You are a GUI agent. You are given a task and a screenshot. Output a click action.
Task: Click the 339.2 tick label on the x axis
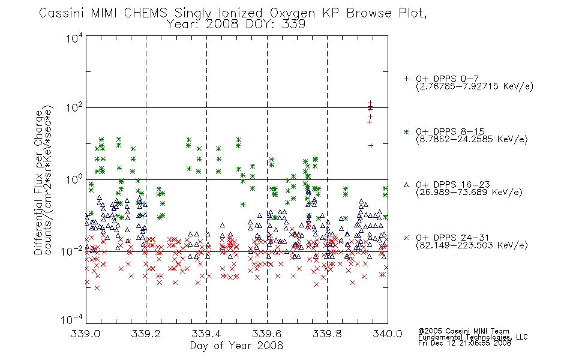(x=146, y=334)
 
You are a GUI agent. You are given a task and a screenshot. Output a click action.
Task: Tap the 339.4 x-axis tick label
(x=206, y=334)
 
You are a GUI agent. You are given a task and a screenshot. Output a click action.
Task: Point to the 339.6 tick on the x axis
(x=267, y=334)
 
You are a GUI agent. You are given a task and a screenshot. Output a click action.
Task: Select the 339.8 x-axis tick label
(x=327, y=334)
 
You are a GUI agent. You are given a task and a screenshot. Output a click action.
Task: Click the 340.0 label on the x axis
(x=388, y=334)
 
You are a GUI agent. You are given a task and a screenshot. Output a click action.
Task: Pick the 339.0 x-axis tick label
(x=86, y=334)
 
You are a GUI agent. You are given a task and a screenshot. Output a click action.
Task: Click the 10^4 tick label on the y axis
(x=74, y=38)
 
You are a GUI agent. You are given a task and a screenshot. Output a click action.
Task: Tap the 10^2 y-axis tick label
(x=74, y=109)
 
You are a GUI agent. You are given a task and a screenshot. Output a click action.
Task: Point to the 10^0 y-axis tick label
(x=74, y=179)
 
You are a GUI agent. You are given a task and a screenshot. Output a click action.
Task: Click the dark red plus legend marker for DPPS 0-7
(x=406, y=79)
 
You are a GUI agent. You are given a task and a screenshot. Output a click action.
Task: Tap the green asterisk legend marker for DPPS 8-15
(x=406, y=132)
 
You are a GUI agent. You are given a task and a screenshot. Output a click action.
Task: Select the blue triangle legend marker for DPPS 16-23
(x=406, y=185)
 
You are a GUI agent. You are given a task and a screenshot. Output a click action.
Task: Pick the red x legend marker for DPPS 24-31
(x=406, y=238)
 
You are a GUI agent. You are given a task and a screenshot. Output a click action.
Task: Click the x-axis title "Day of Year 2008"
(x=236, y=346)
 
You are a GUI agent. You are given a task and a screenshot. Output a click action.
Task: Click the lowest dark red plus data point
(x=371, y=145)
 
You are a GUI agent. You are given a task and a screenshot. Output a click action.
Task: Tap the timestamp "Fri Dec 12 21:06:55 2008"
(x=464, y=343)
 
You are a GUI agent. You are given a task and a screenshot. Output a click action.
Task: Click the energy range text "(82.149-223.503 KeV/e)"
(x=472, y=245)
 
